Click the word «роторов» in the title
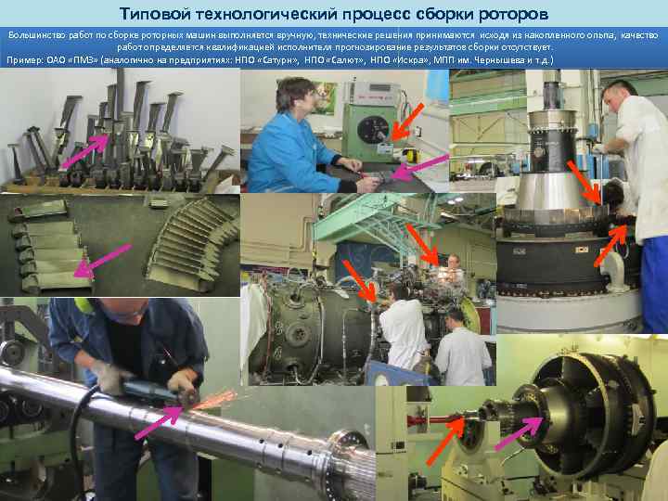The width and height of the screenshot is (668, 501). point(513,14)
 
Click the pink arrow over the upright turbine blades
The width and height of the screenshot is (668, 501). point(84,151)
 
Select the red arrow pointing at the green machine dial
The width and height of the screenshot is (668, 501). point(407,122)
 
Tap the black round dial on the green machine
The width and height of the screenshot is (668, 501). point(373,129)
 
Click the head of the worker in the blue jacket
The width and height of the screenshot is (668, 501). point(294,94)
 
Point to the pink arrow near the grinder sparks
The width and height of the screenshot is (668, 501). point(159,423)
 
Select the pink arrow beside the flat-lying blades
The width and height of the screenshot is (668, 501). point(102,261)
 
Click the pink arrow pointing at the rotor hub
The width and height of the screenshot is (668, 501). point(519,433)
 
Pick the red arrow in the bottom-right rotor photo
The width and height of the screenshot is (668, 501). point(445,441)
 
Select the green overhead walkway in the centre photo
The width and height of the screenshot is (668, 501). point(366,219)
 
